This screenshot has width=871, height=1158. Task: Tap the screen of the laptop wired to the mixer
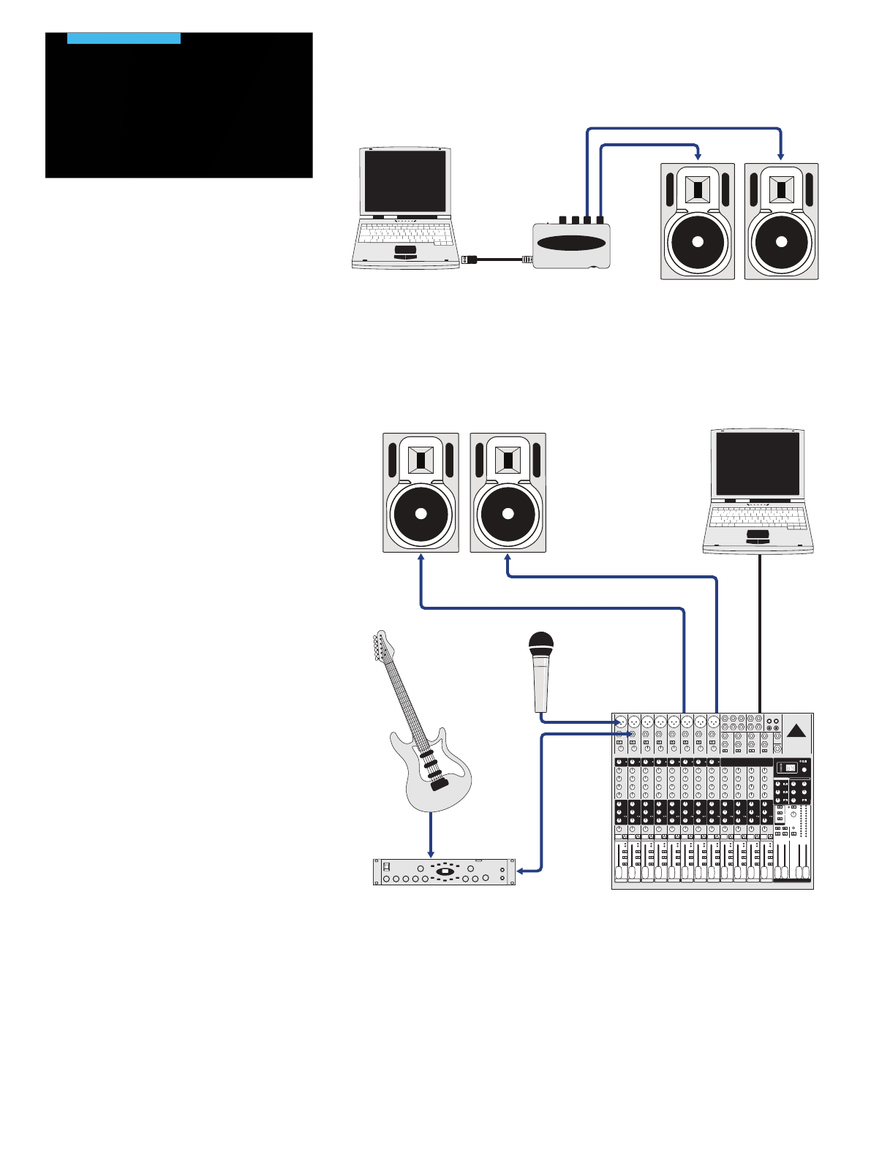pos(757,463)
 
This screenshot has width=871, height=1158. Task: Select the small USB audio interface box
pos(571,245)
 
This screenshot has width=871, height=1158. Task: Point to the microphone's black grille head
pos(540,644)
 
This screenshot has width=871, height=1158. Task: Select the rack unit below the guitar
pos(445,872)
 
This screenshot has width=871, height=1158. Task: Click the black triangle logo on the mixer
pos(796,731)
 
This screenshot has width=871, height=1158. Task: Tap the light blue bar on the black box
pos(124,38)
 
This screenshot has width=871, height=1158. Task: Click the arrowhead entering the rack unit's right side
pos(519,871)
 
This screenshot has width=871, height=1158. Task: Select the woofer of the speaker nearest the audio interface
pos(697,243)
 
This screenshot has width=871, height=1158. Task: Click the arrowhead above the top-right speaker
pos(781,156)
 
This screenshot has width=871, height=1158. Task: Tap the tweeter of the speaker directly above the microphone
pos(508,461)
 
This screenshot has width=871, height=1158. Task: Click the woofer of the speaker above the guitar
pos(421,513)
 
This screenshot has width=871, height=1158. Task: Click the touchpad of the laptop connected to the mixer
pos(758,537)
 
